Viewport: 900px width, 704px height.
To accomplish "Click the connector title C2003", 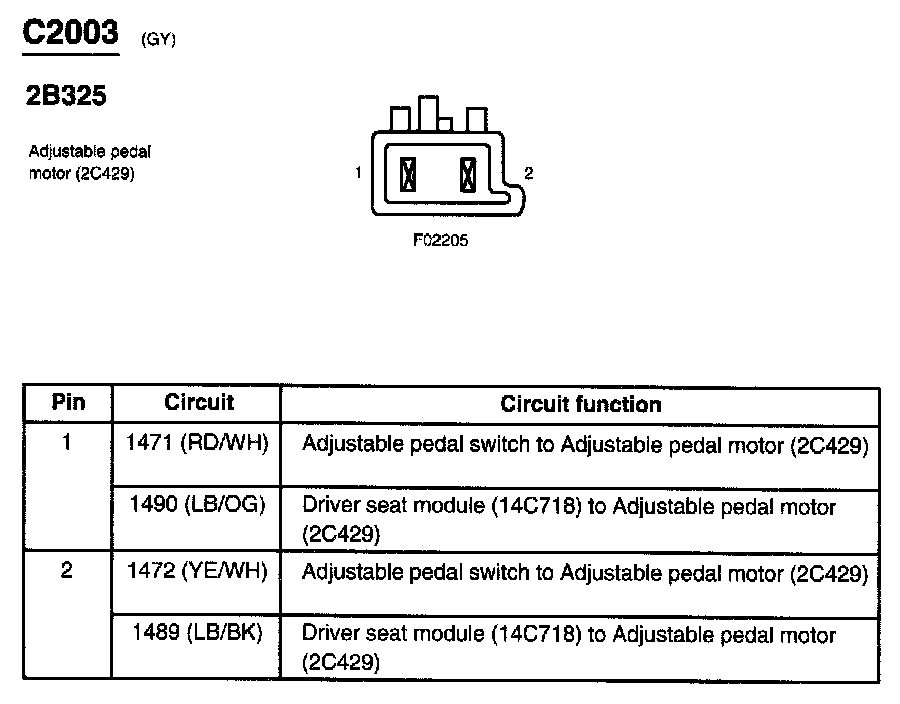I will (70, 33).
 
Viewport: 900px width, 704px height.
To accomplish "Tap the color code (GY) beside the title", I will (160, 40).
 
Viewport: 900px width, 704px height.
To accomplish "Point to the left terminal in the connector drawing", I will (407, 175).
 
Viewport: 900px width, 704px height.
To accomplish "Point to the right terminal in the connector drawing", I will (465, 175).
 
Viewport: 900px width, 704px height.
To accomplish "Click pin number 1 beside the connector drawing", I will (357, 173).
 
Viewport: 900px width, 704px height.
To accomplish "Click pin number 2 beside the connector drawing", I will (529, 173).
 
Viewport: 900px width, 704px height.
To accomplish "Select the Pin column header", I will (68, 403).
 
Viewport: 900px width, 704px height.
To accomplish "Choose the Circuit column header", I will (198, 402).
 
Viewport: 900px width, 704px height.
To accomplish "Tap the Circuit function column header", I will (580, 404).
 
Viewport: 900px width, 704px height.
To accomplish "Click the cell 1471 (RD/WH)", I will (198, 443).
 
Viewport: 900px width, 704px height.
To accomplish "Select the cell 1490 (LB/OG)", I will (198, 505).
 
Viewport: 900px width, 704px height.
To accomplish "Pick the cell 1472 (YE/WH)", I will (198, 572).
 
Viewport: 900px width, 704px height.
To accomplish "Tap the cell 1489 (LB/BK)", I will (198, 634).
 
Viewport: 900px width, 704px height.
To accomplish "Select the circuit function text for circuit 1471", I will (584, 444).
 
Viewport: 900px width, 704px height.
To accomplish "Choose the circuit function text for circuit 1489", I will (568, 647).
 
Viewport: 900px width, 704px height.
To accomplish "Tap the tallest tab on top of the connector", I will (429, 113).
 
